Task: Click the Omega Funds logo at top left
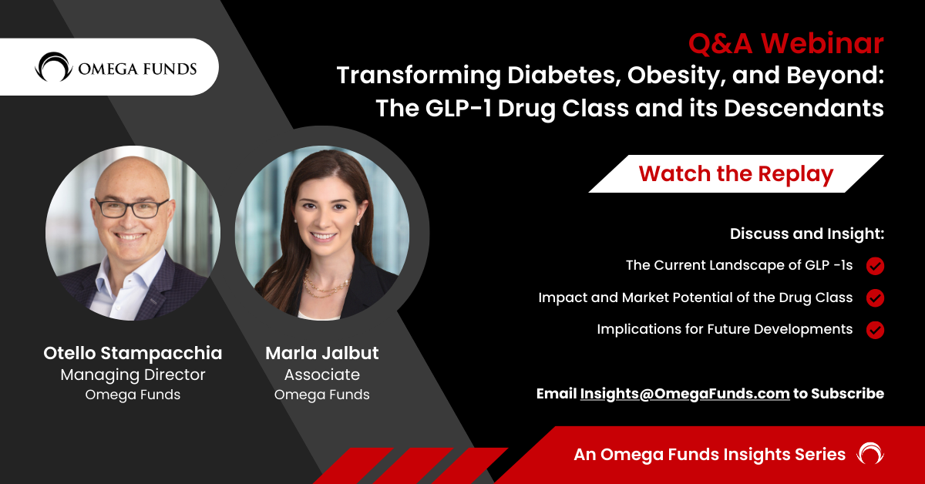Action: (x=116, y=67)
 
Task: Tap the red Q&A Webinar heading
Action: (x=785, y=44)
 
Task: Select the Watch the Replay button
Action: (x=736, y=174)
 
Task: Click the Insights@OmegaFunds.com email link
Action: (x=684, y=393)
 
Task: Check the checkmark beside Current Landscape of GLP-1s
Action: (x=875, y=266)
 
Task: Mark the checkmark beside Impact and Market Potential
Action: (x=875, y=297)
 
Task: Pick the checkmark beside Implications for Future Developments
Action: (x=875, y=329)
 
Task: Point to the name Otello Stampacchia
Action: (x=133, y=354)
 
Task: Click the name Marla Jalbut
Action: (x=322, y=354)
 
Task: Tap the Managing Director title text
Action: (x=133, y=375)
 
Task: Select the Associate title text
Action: (x=322, y=375)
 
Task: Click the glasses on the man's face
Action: (x=132, y=208)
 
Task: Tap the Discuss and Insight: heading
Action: (x=806, y=233)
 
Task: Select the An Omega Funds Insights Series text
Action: (x=709, y=455)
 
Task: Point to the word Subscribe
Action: (x=848, y=393)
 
